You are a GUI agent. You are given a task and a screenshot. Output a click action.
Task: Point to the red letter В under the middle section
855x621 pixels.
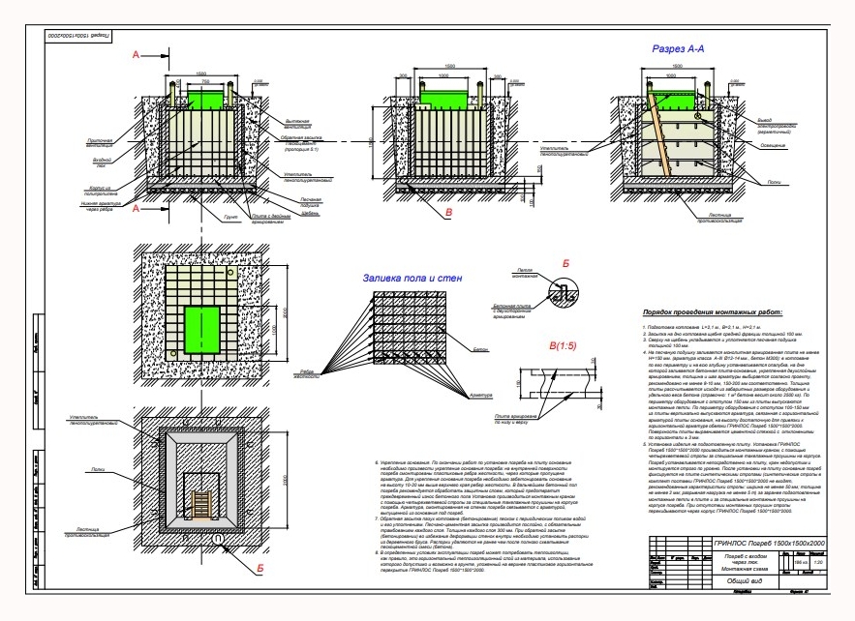coord(448,210)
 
